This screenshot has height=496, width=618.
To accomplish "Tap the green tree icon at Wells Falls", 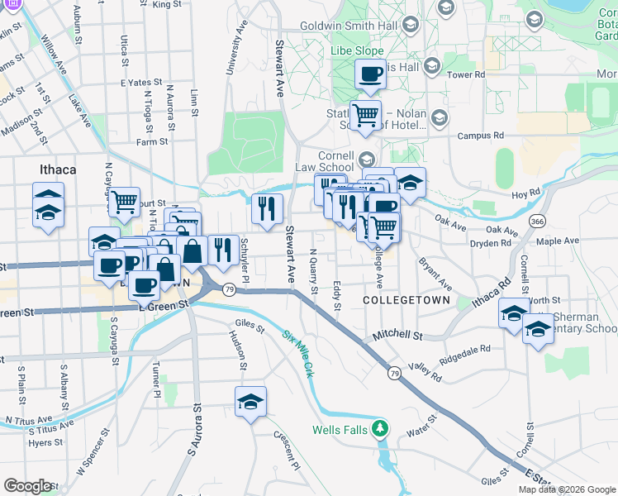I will pos(379,428).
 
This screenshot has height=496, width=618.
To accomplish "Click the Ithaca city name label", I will pos(58,169).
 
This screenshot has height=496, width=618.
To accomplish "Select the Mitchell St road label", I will pos(397,336).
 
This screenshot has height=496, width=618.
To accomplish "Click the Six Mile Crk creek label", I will pos(297,351).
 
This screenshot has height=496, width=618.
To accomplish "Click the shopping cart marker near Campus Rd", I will pos(364,115).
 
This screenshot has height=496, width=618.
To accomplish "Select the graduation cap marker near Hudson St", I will pos(250,403).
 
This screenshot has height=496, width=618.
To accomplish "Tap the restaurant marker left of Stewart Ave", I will pos(267,208).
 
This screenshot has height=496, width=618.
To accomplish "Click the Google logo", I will pos(28,486).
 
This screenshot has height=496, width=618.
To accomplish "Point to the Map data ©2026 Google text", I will pos(567,489).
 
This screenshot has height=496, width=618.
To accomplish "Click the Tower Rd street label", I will pos(465,74).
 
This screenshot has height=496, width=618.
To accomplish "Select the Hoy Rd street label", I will pos(525,194).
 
